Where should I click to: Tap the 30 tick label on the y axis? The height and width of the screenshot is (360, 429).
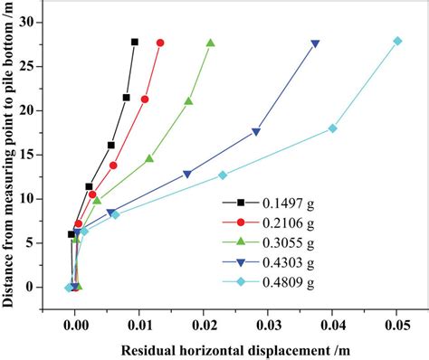point(24,21)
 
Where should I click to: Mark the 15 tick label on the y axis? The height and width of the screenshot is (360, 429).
point(24,154)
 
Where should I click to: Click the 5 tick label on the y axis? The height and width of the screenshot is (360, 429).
point(28,242)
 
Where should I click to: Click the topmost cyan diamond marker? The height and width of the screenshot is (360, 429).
point(397,41)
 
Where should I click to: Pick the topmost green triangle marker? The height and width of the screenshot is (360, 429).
point(211,43)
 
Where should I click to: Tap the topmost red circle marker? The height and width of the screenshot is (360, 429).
point(160,43)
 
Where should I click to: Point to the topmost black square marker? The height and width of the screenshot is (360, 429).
point(135,42)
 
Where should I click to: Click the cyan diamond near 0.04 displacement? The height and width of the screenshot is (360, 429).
point(333,128)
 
